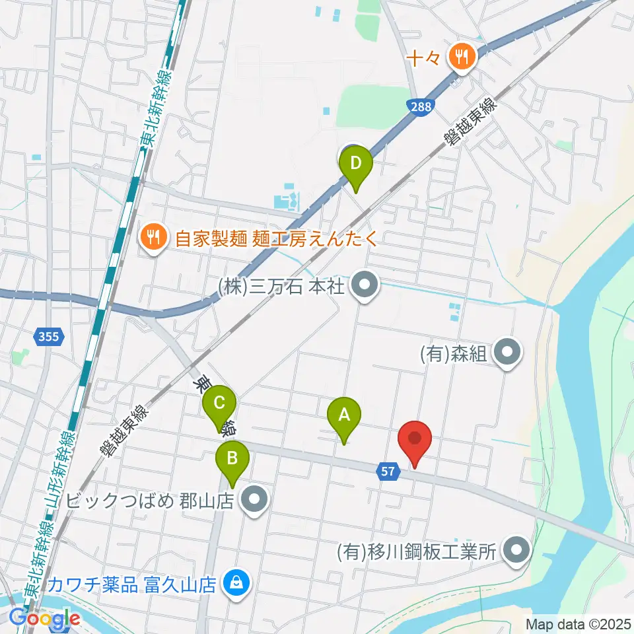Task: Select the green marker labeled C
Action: point(220,402)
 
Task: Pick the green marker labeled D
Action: point(356,162)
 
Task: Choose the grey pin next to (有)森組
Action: point(507,353)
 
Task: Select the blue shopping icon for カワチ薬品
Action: point(234,583)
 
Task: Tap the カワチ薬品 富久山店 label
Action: point(131,584)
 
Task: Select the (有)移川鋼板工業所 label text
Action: point(416,551)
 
